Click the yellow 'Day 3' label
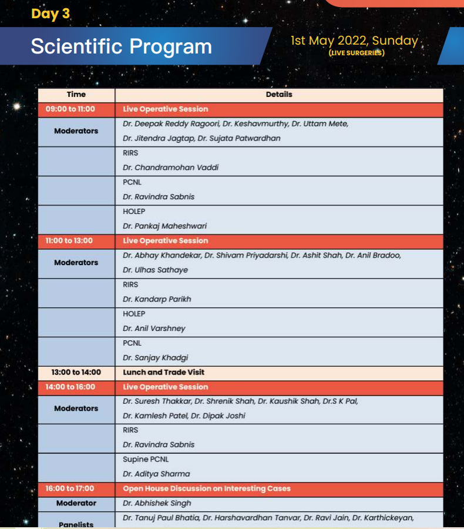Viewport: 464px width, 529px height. [x=51, y=14]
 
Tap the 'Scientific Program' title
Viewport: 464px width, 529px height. [x=121, y=46]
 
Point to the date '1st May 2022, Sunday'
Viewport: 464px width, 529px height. [x=354, y=41]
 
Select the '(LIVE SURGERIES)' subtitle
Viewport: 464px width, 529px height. [x=357, y=53]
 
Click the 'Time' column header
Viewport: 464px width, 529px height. [x=76, y=94]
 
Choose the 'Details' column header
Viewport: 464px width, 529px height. [x=279, y=94]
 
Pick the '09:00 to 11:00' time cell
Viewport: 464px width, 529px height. [x=70, y=109]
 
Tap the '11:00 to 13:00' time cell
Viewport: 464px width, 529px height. [x=69, y=241]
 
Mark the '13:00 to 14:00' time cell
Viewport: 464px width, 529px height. [x=76, y=373]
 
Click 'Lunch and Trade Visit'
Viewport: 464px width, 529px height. [x=163, y=373]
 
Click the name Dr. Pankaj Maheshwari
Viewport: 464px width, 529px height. [x=164, y=226]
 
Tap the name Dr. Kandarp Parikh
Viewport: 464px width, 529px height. [x=157, y=299]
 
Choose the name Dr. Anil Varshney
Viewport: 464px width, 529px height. [x=156, y=329]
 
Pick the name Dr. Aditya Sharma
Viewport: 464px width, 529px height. [x=156, y=474]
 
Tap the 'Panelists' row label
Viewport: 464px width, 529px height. [x=76, y=524]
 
